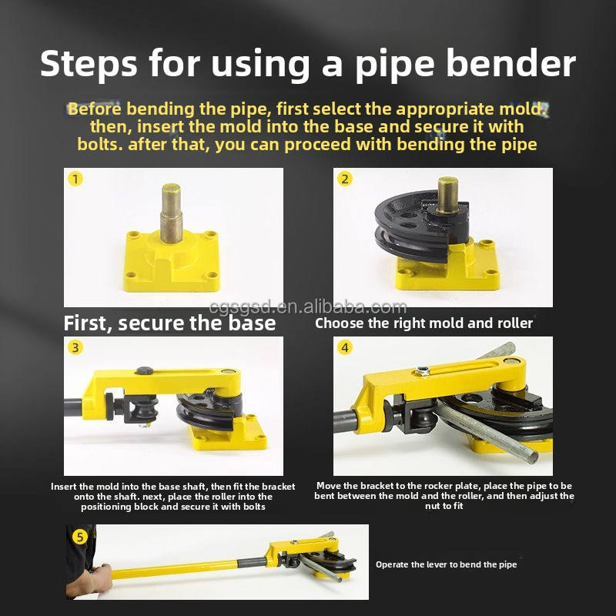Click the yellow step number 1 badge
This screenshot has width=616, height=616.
(x=75, y=179)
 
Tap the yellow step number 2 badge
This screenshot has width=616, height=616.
(x=344, y=179)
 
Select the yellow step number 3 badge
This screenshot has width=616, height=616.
(x=75, y=348)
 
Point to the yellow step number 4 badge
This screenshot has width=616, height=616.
(x=344, y=348)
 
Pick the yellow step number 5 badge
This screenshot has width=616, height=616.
(x=80, y=537)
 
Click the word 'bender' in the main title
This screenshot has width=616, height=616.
(x=511, y=64)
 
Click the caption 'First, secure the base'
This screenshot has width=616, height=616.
(x=169, y=323)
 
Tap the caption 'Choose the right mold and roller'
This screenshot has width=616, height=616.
(x=423, y=323)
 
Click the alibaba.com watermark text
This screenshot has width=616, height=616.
(x=307, y=307)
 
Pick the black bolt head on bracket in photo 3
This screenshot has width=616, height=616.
(x=144, y=370)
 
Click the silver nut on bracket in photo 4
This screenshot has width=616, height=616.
(x=422, y=370)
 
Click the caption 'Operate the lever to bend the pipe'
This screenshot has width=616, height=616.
(x=447, y=564)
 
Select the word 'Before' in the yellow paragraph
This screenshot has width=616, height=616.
(x=94, y=109)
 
